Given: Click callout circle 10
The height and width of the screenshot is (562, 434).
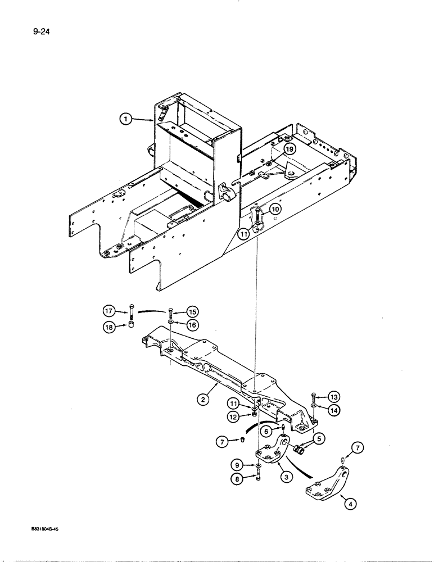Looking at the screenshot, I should tap(274, 210).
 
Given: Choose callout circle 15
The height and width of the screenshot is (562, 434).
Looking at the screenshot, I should tap(192, 311).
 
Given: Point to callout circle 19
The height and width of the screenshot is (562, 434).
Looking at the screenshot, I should tap(289, 149).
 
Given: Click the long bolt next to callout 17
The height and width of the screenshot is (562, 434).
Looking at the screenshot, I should tap(131, 310).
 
